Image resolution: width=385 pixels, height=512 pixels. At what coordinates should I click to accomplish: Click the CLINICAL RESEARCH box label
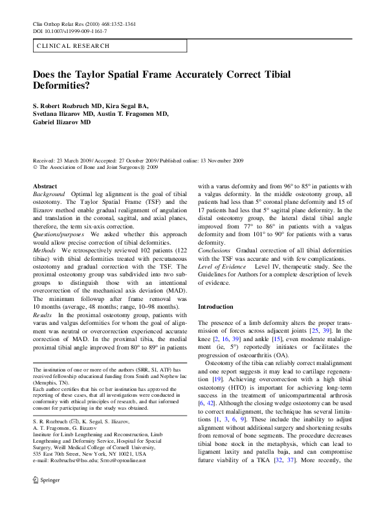[73, 46]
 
